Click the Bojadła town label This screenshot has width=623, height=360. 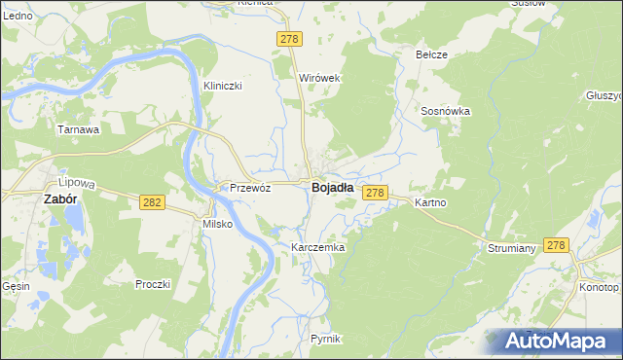332,189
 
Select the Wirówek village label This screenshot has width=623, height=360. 318,78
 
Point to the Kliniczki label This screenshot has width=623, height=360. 222,86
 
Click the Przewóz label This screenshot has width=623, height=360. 249,189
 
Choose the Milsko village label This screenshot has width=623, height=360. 216,224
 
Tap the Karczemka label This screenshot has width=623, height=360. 318,248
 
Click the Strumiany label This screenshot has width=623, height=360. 512,249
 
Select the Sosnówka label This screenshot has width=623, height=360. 446,111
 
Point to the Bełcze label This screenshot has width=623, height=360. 431,54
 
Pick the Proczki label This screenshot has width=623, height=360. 153,284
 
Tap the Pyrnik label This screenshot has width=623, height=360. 325,339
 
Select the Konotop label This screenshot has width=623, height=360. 598,288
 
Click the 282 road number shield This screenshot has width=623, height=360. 150,202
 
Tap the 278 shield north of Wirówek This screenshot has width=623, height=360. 290,39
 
